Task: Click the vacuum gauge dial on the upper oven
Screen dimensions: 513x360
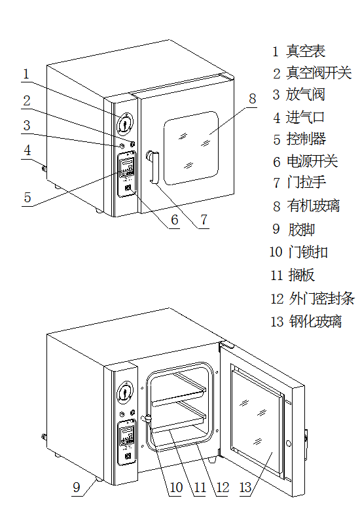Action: (125, 122)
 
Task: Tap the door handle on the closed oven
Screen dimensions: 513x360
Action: (153, 168)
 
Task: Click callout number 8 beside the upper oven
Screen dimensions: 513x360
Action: (252, 99)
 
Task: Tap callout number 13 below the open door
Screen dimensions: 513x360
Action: (245, 487)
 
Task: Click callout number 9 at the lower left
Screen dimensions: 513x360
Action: (76, 487)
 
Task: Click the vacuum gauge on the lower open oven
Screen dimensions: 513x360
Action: (124, 393)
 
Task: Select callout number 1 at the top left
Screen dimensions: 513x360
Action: (26, 74)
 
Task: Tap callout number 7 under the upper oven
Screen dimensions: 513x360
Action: (203, 219)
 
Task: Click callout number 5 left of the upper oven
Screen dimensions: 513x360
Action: (27, 197)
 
